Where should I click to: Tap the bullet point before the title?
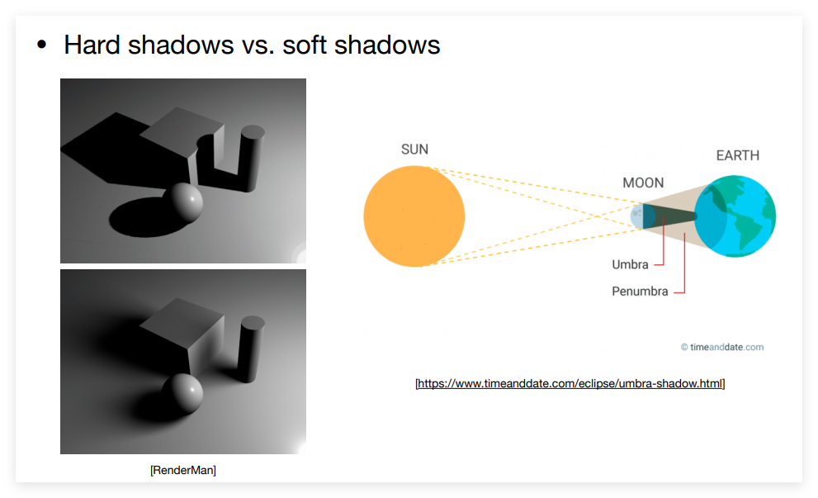(x=42, y=45)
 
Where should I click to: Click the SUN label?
(x=414, y=149)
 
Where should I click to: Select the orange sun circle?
(x=414, y=216)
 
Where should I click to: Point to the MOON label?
(x=643, y=183)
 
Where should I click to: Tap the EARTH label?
(x=738, y=155)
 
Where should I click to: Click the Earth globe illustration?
(x=735, y=216)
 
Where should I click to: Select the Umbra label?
(x=630, y=264)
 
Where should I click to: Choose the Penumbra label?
(x=640, y=292)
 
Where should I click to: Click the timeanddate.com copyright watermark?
(x=722, y=347)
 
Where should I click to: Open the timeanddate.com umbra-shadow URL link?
(x=570, y=384)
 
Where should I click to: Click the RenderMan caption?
(x=183, y=471)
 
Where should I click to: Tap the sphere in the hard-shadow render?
(x=182, y=202)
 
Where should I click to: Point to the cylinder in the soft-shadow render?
(x=251, y=349)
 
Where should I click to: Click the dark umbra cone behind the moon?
(x=670, y=216)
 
